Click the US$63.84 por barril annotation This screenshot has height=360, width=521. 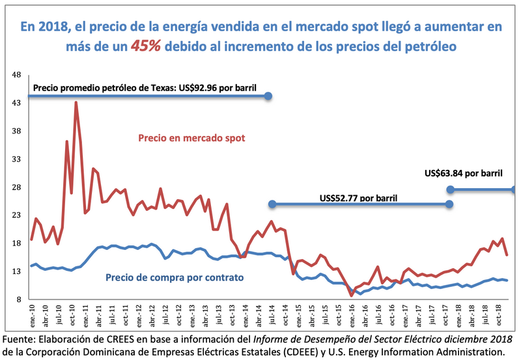[464, 173]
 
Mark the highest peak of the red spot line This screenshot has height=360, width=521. [76, 102]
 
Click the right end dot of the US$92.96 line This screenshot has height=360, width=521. [268, 96]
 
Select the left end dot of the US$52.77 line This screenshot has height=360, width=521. [273, 204]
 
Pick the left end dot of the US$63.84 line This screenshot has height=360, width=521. [450, 189]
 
